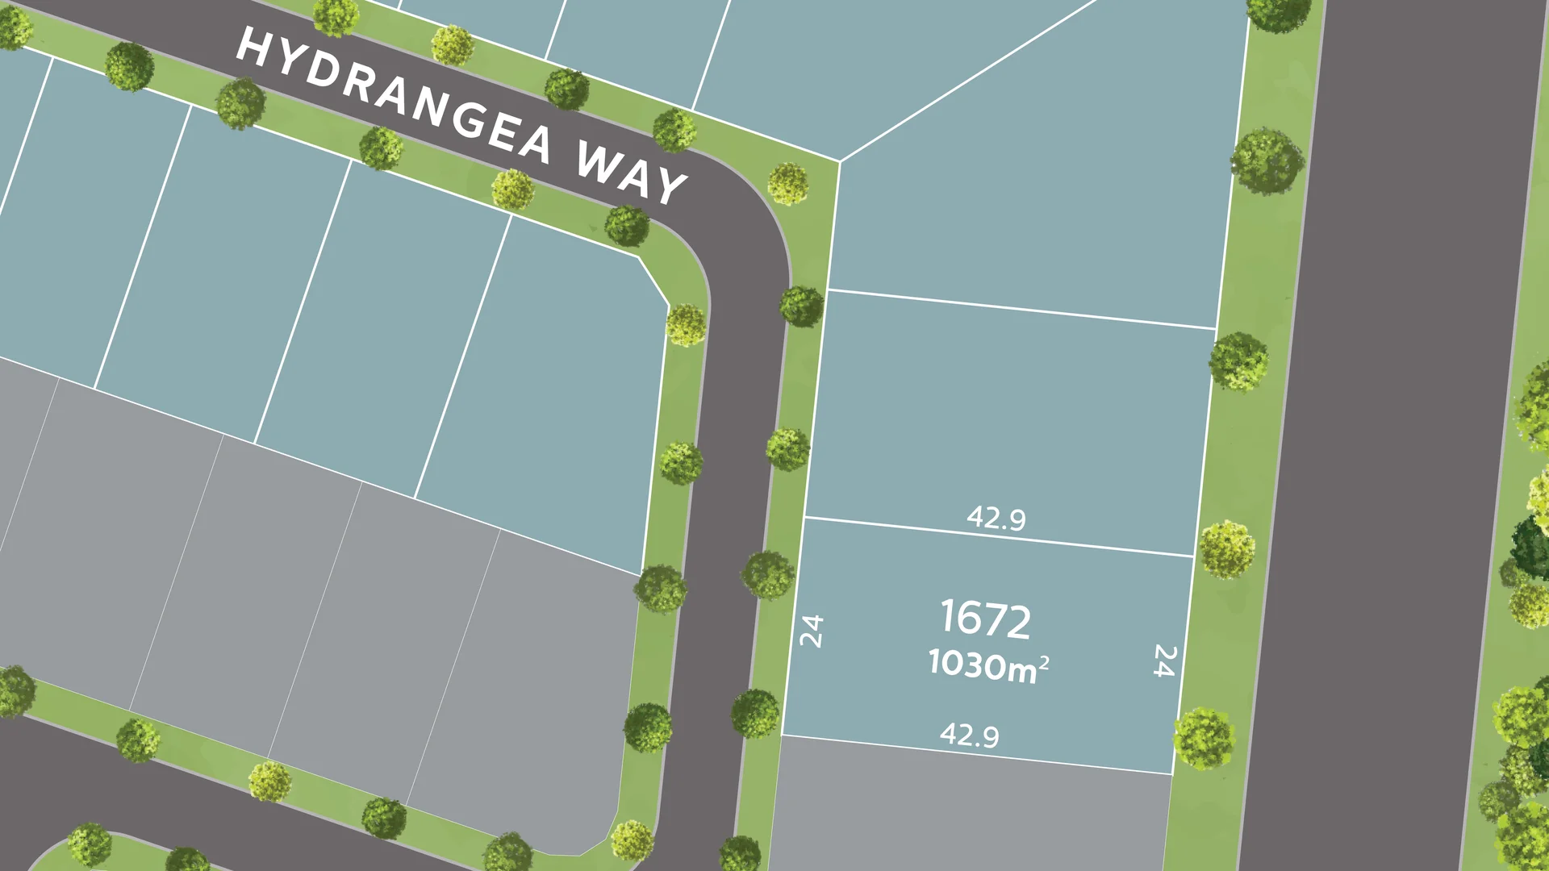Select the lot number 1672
[x=985, y=619]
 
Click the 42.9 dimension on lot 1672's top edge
[x=996, y=518]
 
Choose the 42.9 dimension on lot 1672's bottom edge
[x=969, y=735]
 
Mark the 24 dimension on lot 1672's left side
[x=811, y=631]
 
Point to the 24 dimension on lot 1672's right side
[x=1163, y=660]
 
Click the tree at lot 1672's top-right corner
[x=1226, y=549]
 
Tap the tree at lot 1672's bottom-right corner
[x=1204, y=738]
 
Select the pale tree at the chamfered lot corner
[x=686, y=325]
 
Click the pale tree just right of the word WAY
[x=787, y=184]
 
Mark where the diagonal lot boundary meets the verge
[x=840, y=161]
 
